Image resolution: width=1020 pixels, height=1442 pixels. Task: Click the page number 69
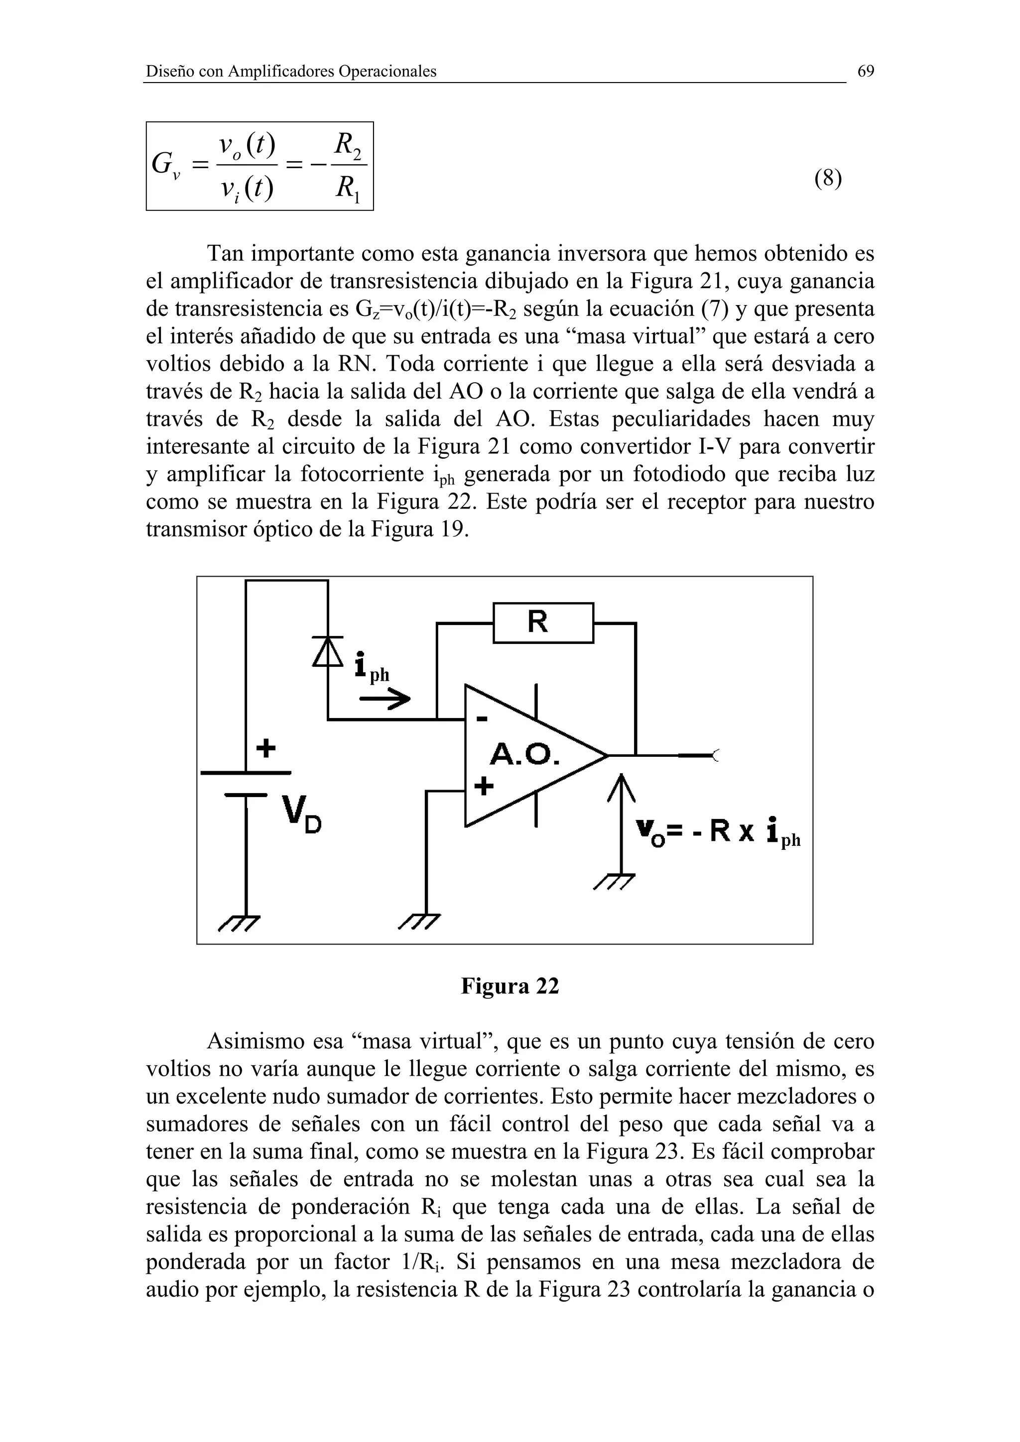click(866, 72)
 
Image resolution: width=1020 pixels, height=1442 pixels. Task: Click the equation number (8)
click(828, 179)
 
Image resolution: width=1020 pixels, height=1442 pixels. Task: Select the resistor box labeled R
click(543, 622)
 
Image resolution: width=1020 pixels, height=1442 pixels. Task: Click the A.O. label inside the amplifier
click(524, 754)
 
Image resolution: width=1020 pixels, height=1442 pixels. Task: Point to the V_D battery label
click(302, 814)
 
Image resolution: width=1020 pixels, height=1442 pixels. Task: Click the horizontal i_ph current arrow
click(384, 699)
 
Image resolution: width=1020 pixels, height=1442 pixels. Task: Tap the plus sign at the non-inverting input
click(483, 786)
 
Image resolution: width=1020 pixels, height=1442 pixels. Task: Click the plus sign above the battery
click(266, 748)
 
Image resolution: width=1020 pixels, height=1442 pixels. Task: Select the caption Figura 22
click(510, 986)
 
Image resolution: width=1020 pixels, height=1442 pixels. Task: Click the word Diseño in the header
click(170, 72)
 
